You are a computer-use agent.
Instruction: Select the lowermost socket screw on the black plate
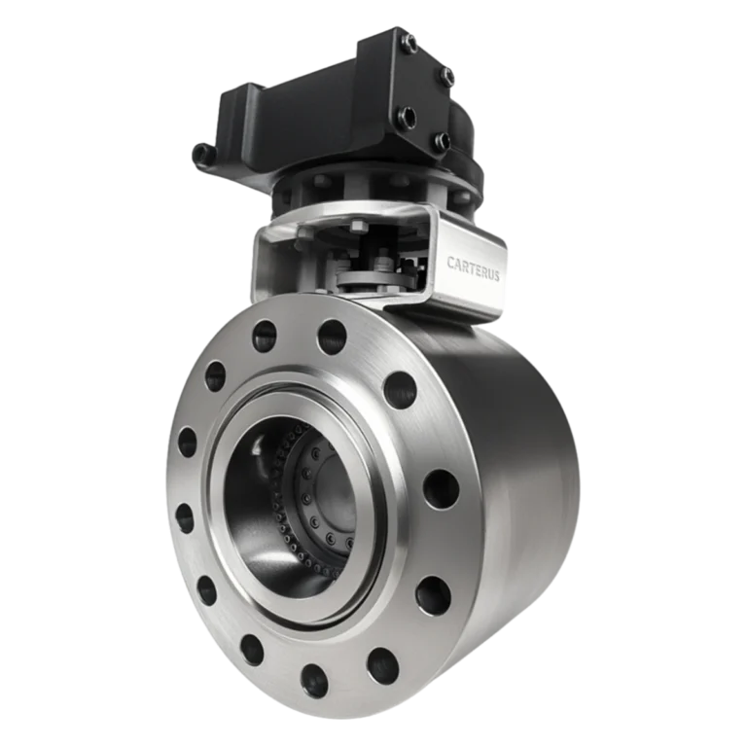coord(443,143)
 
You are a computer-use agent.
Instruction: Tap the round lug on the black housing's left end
coord(201,154)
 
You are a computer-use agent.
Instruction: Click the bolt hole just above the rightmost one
coord(399,390)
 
